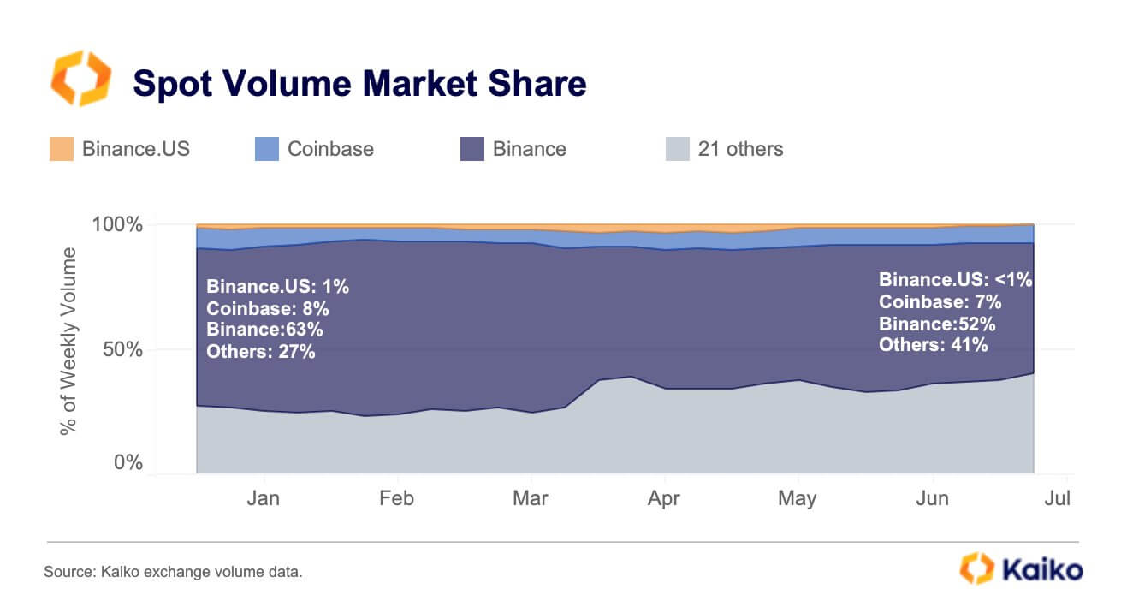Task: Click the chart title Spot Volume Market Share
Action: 359,84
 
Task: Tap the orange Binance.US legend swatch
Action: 62,149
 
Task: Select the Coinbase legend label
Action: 330,149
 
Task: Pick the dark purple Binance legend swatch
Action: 472,149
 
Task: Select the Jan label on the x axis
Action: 264,498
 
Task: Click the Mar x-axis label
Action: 531,498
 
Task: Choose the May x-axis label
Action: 798,498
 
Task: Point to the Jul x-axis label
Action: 1058,498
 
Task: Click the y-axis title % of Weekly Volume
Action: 68,341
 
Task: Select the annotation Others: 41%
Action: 934,345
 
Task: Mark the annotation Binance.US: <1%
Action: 956,279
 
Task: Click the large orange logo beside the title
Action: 80,79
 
